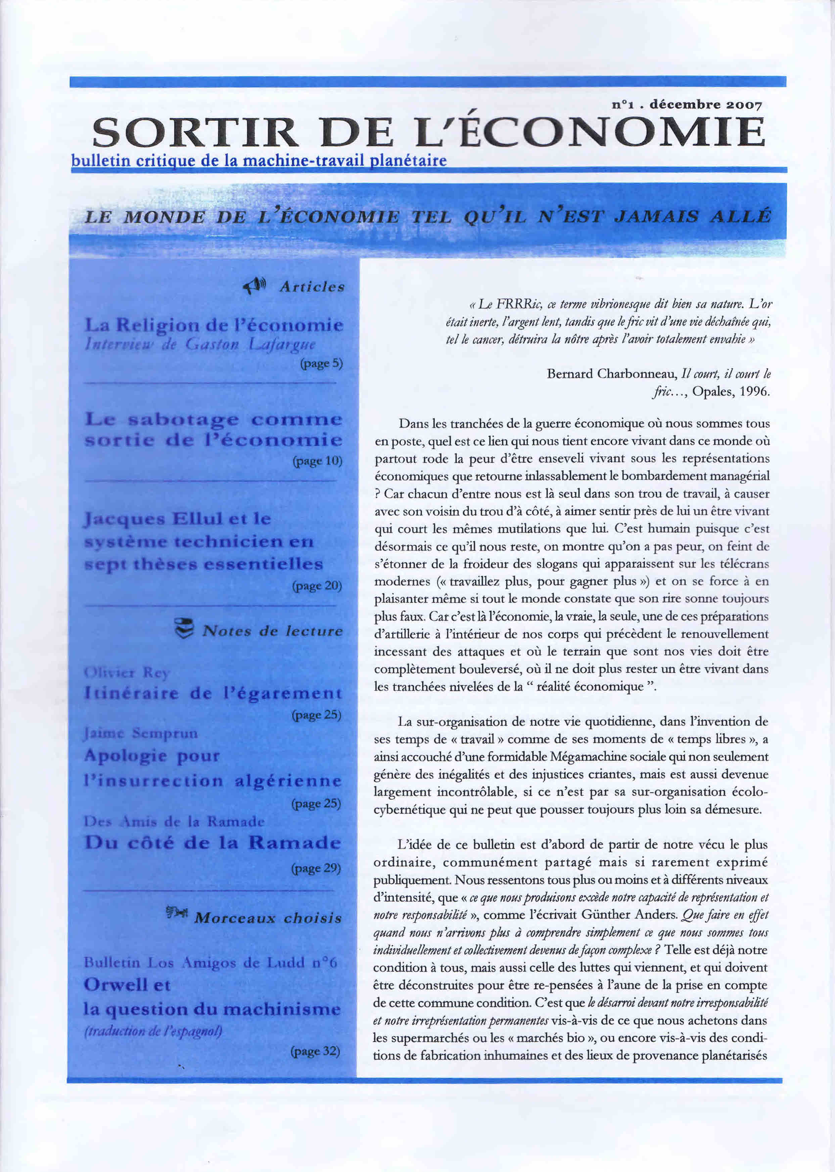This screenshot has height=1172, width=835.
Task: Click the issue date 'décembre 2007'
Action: tap(705, 105)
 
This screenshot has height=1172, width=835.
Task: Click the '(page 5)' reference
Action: tap(321, 363)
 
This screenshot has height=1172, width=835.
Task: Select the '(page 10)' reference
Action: tap(317, 461)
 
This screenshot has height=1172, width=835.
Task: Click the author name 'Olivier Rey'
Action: tap(127, 672)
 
